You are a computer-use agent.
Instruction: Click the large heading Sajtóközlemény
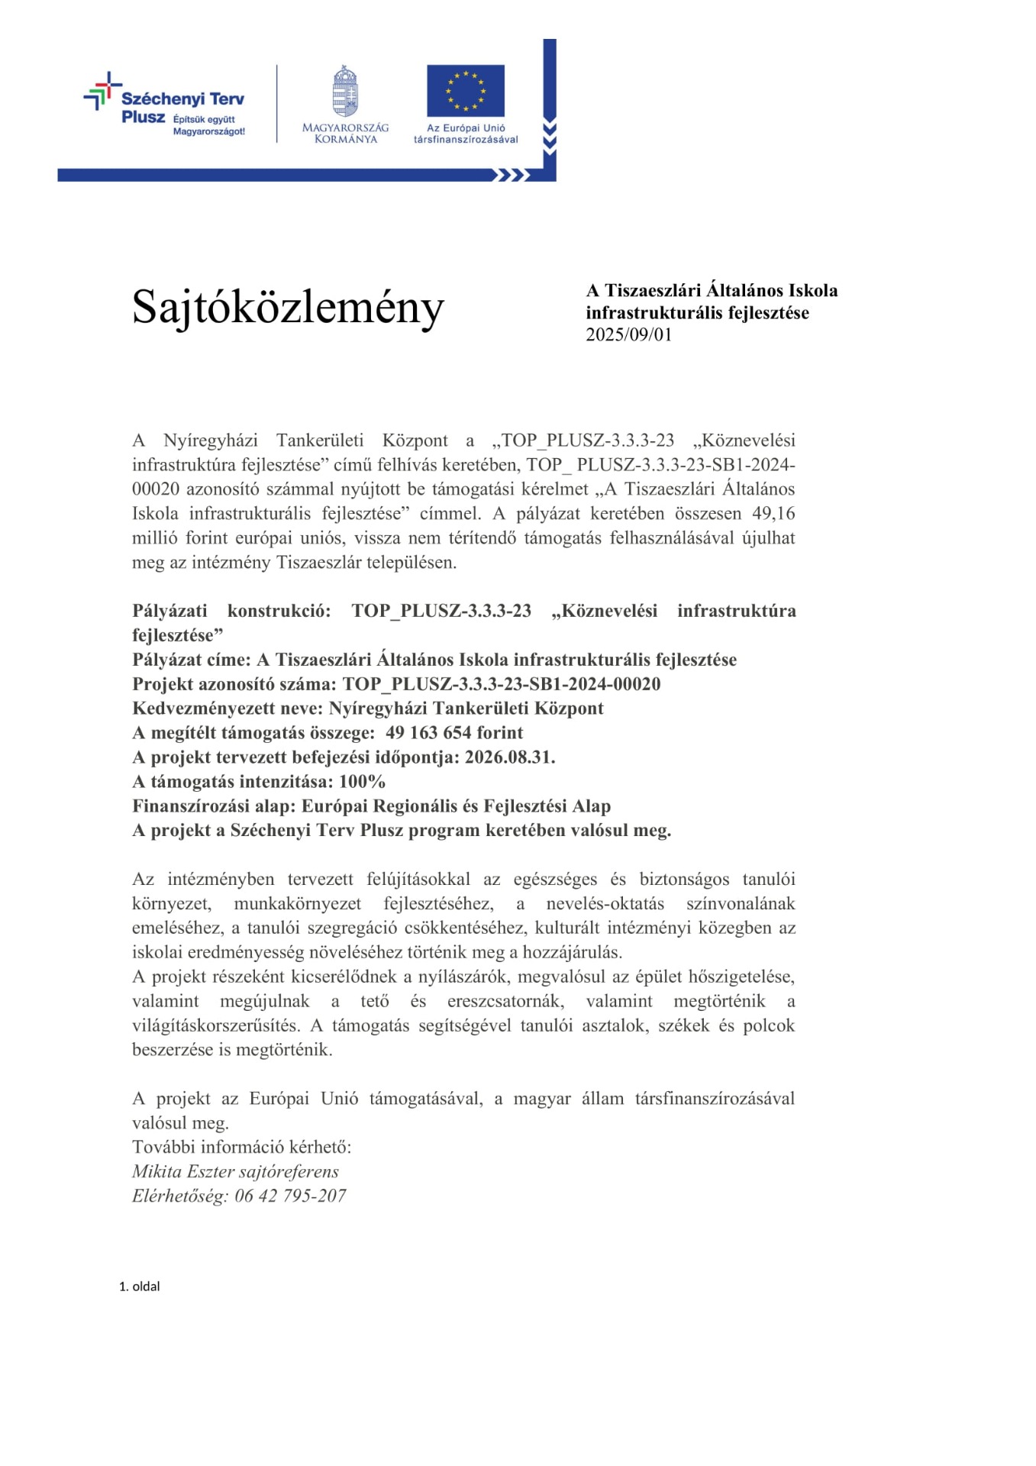[288, 308]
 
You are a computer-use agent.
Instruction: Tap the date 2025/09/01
[628, 335]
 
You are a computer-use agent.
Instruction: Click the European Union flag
[465, 90]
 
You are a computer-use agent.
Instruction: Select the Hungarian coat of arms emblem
[345, 92]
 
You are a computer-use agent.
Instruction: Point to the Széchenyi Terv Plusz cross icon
[102, 91]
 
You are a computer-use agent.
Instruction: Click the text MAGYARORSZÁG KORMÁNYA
[345, 134]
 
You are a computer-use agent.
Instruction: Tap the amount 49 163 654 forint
[454, 733]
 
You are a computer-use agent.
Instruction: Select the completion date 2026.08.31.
[510, 757]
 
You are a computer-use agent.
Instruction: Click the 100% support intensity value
[362, 782]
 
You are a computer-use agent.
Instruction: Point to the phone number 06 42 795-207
[290, 1196]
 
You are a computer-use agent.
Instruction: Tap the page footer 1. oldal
[139, 1287]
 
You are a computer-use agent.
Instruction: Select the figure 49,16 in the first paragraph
[773, 514]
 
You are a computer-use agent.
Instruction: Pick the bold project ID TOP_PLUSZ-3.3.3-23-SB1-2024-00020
[502, 684]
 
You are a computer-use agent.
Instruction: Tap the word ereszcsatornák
[506, 1001]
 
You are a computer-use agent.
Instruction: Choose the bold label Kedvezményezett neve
[225, 709]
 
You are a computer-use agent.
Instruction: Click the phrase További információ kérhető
[241, 1148]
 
